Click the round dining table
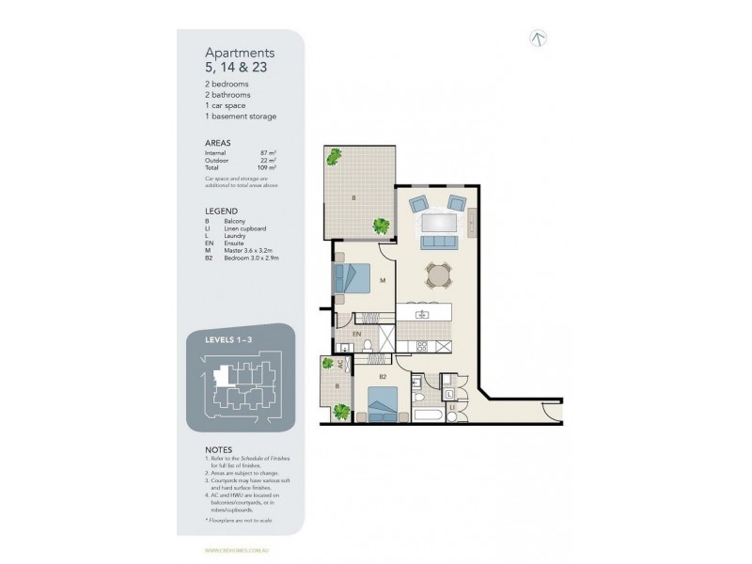pyautogui.click(x=436, y=274)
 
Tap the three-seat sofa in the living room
pyautogui.click(x=439, y=243)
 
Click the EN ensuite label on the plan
pyautogui.click(x=356, y=334)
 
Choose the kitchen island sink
pyautogui.click(x=421, y=313)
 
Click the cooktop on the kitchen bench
pyautogui.click(x=422, y=345)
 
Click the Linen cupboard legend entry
pyautogui.click(x=245, y=228)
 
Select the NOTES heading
pyautogui.click(x=219, y=449)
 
